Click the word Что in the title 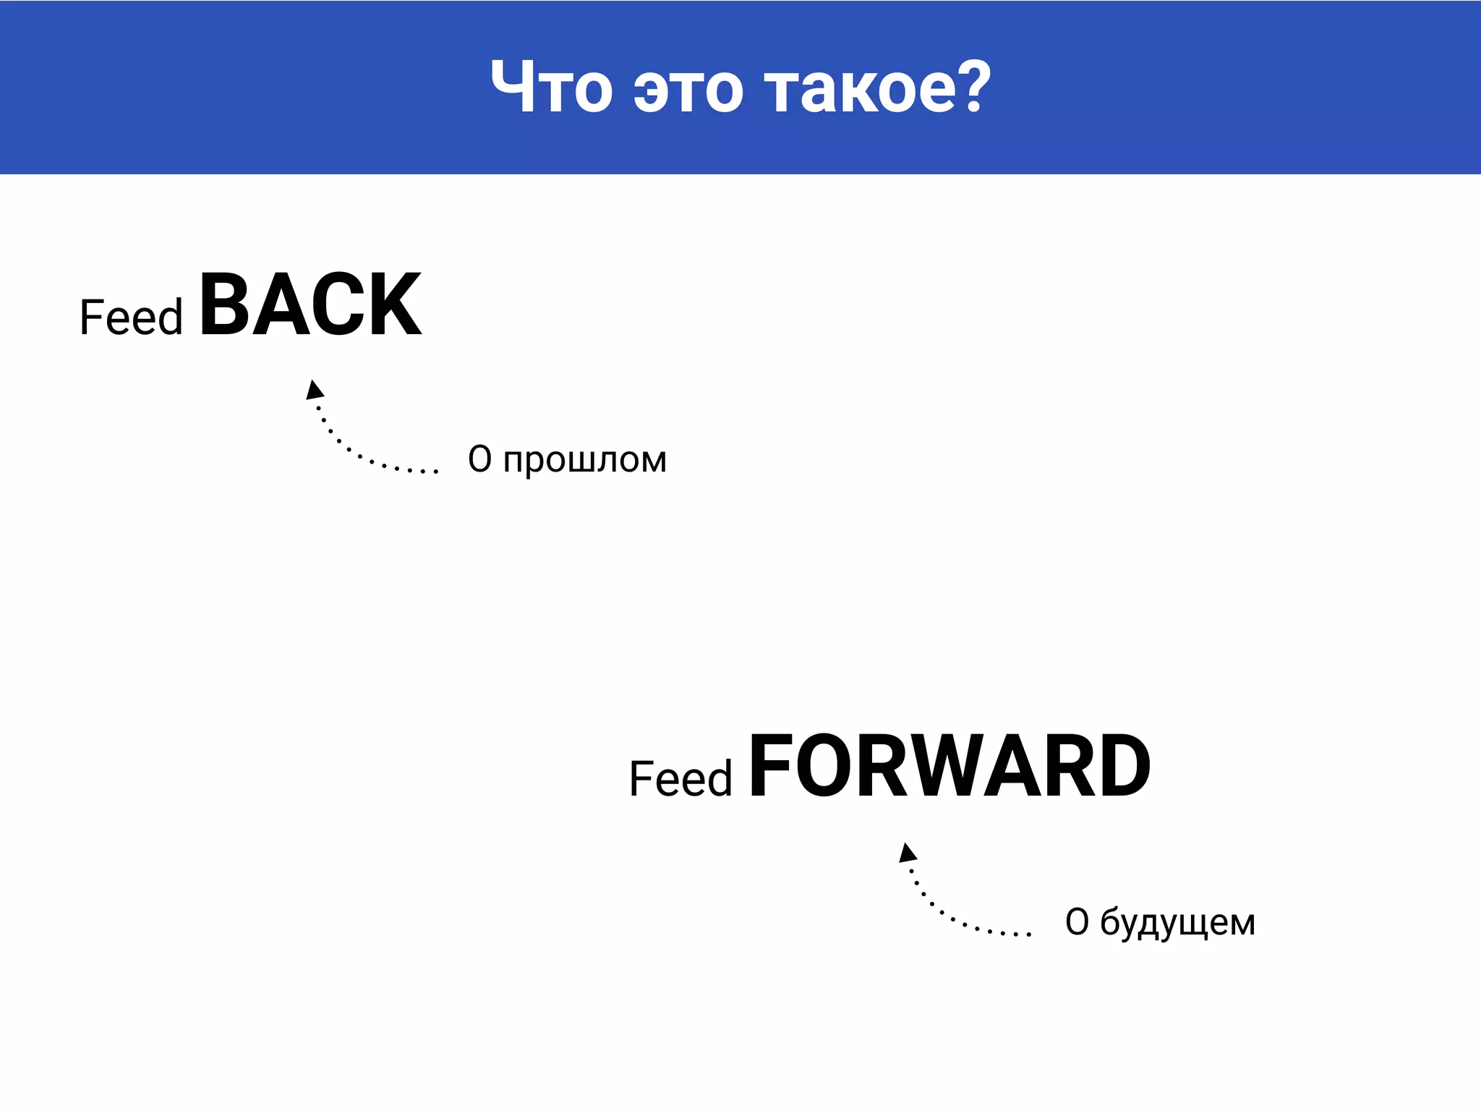tap(552, 88)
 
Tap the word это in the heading tap(688, 91)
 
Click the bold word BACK tap(310, 305)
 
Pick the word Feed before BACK tap(131, 318)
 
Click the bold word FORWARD tap(949, 767)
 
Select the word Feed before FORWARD tap(680, 779)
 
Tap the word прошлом tap(584, 461)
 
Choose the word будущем tap(1177, 924)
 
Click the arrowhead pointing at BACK tap(314, 390)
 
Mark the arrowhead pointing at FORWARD tap(908, 853)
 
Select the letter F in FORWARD tap(768, 767)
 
